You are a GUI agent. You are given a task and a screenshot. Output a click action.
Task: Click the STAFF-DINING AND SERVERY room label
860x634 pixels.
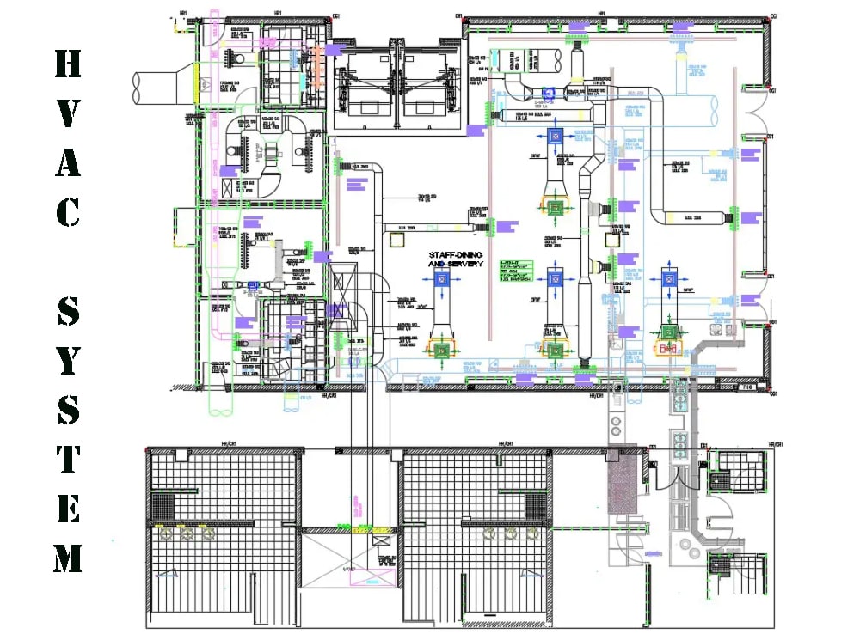[x=456, y=259]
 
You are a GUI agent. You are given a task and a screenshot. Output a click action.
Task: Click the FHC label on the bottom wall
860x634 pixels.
[x=747, y=387]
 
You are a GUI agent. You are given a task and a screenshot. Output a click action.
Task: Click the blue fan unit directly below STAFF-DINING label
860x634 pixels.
[x=439, y=280]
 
